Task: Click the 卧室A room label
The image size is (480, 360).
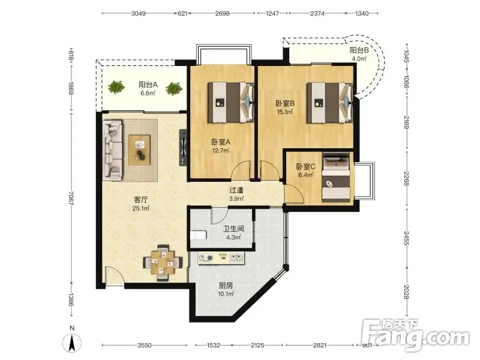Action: tap(221, 142)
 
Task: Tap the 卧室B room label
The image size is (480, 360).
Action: tap(285, 103)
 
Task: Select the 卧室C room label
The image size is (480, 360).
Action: tap(305, 167)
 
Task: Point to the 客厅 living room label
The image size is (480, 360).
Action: tap(141, 200)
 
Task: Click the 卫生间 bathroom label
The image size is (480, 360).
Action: tap(233, 229)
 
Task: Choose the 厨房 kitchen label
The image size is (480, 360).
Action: tap(226, 286)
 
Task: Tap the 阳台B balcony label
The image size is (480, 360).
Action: tap(359, 50)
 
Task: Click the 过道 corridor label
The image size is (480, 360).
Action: tap(236, 190)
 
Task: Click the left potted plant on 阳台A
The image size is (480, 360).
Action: tap(116, 87)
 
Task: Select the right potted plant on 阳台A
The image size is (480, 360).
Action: tap(174, 89)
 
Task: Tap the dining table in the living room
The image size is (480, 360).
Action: tap(163, 263)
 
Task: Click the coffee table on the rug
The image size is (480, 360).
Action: tap(139, 149)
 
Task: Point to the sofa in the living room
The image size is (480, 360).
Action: tap(113, 149)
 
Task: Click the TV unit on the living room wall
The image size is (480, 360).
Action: tap(183, 148)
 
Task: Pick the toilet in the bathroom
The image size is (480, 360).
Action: tap(199, 235)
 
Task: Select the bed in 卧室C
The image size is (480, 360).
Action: tap(336, 177)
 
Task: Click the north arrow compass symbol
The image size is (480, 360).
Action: tap(72, 342)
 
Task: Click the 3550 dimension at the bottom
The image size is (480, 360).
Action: tap(144, 346)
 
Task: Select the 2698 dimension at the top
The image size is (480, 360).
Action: tap(222, 13)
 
